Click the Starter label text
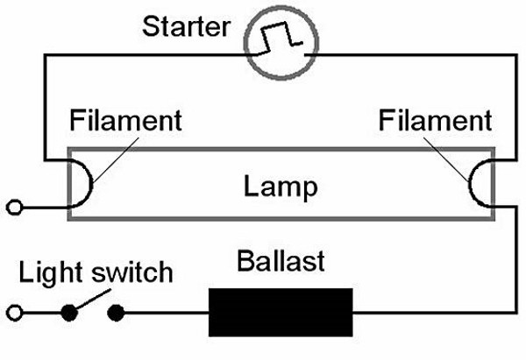(x=185, y=25)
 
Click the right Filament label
(x=435, y=120)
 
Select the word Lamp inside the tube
(x=280, y=187)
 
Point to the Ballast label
(x=281, y=261)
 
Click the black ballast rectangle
(x=281, y=312)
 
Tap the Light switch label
(x=96, y=273)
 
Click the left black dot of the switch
(x=68, y=312)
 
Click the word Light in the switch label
(x=47, y=273)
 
